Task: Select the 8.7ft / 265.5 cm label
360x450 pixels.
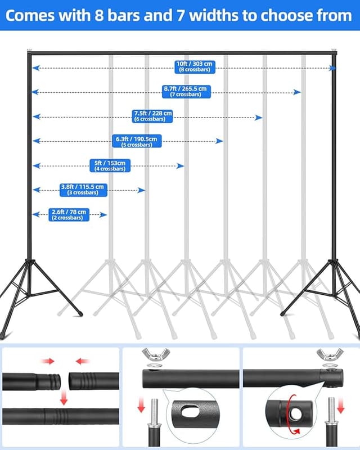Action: pos(185,91)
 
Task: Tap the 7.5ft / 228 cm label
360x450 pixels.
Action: pos(152,116)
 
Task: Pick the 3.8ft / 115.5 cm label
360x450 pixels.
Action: pos(83,190)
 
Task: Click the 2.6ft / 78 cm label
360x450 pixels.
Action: pos(70,214)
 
